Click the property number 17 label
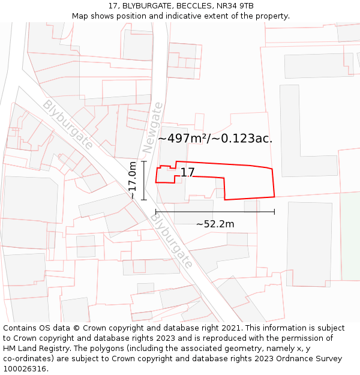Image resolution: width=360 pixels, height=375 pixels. click(x=187, y=173)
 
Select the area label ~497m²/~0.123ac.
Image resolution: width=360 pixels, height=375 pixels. click(x=215, y=138)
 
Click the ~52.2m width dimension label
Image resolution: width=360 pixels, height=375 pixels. click(x=215, y=224)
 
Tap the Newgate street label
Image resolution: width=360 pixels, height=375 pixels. click(x=153, y=127)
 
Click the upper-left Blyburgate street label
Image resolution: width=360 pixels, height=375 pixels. click(x=67, y=125)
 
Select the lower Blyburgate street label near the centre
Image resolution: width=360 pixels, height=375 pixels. click(x=171, y=241)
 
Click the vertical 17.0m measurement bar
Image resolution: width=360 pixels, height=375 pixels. click(x=144, y=180)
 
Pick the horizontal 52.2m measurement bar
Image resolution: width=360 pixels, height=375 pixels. click(x=215, y=212)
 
